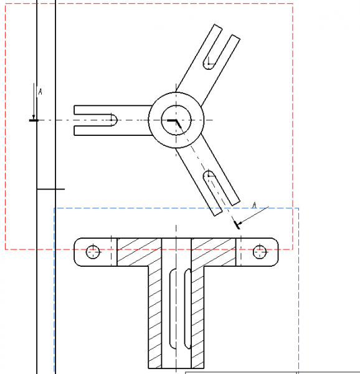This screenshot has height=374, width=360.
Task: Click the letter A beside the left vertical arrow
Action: [40, 92]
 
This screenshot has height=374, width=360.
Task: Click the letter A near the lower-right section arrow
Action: [255, 205]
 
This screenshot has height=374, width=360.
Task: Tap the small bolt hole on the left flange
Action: [93, 252]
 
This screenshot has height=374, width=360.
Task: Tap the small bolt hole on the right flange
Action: [260, 252]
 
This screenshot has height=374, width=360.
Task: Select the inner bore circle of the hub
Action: [176, 105]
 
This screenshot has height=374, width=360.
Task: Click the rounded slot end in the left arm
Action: [116, 120]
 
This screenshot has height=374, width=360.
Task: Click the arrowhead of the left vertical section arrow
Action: [34, 117]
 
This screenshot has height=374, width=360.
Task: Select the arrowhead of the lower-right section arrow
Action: [240, 223]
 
